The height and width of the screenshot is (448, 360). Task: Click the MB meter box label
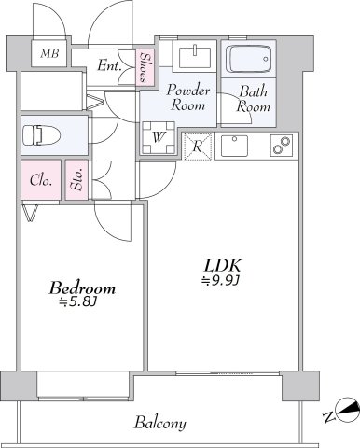click(49, 53)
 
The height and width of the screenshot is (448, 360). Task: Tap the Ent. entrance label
click(109, 65)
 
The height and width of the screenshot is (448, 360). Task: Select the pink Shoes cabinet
click(145, 67)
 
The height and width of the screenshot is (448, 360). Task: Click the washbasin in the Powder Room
click(195, 56)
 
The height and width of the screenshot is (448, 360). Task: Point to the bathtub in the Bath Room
click(248, 59)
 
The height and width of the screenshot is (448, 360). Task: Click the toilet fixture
click(42, 135)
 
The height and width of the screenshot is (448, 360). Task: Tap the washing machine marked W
click(159, 137)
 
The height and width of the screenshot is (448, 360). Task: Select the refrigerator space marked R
click(198, 147)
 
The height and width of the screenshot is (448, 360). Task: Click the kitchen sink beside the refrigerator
click(234, 146)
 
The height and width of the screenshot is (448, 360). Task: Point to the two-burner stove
click(282, 145)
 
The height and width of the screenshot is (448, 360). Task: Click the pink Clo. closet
click(41, 180)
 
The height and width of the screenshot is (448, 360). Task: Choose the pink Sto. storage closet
click(76, 180)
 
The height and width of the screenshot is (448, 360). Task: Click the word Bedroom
click(82, 287)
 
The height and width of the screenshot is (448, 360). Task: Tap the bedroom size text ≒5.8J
click(79, 301)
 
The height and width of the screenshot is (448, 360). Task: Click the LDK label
click(223, 266)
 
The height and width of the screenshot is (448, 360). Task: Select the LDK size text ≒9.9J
click(220, 280)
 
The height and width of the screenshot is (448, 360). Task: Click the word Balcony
click(160, 423)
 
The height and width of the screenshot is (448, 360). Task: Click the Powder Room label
click(187, 98)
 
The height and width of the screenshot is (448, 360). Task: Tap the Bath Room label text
click(253, 99)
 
